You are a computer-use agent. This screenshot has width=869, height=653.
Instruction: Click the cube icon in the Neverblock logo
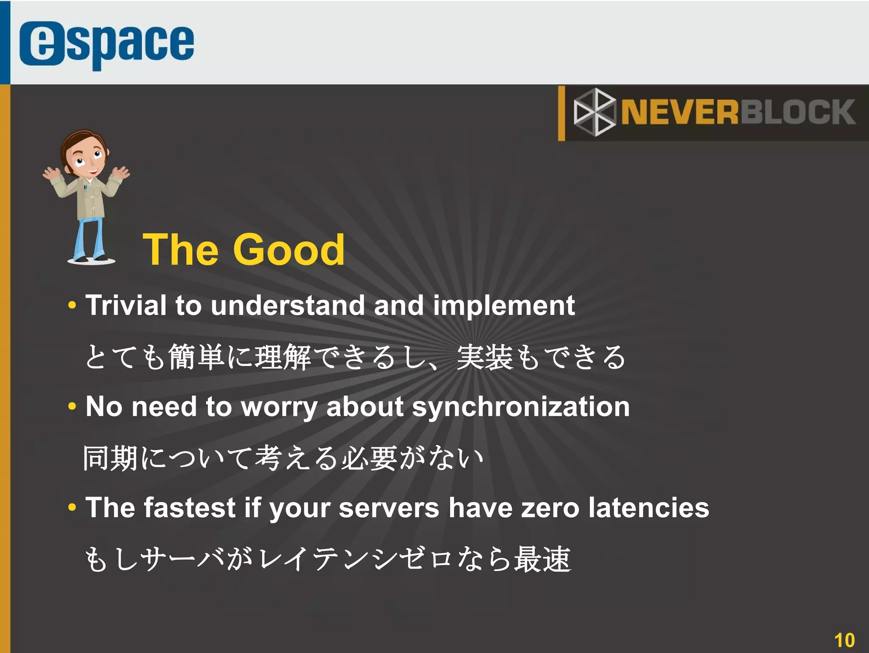[x=594, y=112]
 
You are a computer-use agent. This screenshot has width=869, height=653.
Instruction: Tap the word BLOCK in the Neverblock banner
[x=798, y=112]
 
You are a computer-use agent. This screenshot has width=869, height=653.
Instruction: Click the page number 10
[x=844, y=640]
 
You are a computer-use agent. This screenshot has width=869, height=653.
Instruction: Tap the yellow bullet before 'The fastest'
[x=72, y=507]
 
